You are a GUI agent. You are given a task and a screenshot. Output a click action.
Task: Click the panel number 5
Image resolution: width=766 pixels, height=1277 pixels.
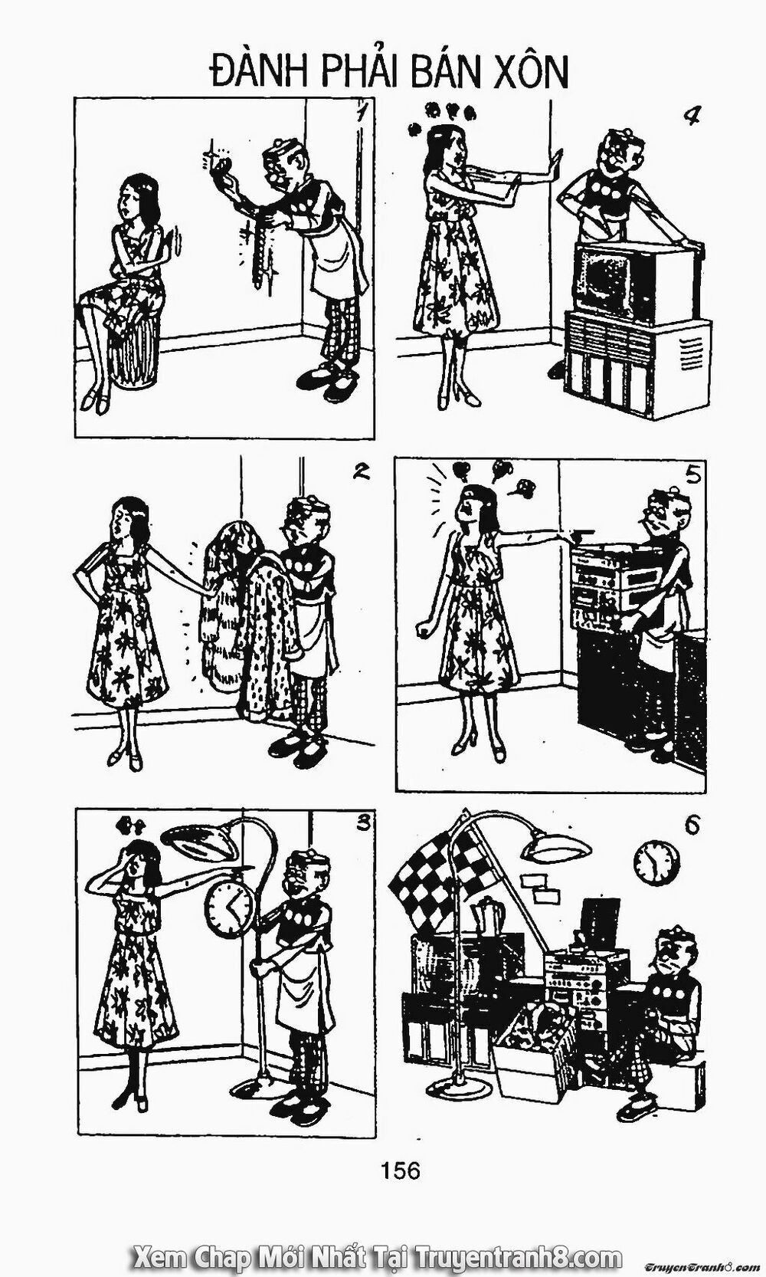(693, 475)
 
